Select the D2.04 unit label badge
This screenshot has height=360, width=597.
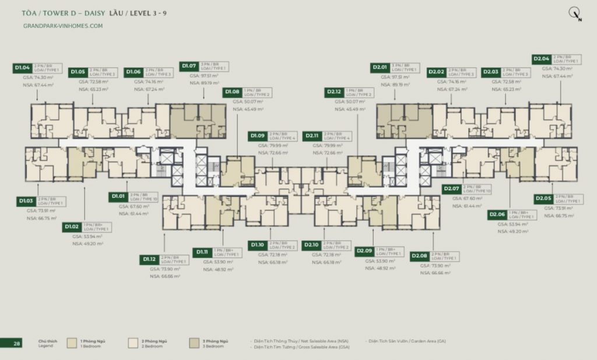tap(541, 59)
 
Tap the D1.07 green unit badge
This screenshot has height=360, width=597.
tap(189, 66)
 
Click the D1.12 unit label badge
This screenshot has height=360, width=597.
tap(149, 259)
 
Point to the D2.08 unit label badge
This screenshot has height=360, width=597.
tap(420, 256)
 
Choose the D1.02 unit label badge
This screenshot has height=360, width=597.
tap(72, 227)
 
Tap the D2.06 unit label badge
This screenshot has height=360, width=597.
tap(497, 214)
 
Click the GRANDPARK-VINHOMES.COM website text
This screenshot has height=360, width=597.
tap(63, 26)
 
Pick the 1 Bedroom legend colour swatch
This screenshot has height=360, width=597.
tap(72, 343)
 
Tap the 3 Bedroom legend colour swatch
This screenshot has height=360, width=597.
tap(194, 343)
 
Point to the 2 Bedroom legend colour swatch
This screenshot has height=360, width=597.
tap(133, 343)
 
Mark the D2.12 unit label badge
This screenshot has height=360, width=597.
tap(334, 92)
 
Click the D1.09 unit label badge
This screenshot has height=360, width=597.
tap(258, 136)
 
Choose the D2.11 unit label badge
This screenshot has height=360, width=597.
tap(312, 136)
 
